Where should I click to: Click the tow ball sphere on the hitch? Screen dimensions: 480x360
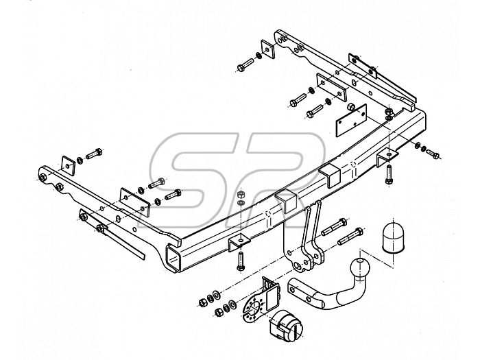[x=360, y=269]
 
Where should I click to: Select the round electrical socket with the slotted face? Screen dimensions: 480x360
[x=287, y=328]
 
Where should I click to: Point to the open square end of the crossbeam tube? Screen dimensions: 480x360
[x=173, y=257]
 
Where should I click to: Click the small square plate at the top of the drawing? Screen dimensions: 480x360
[x=268, y=49]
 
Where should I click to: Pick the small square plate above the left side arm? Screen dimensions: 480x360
[x=69, y=166]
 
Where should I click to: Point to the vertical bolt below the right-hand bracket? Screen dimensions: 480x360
[x=389, y=174]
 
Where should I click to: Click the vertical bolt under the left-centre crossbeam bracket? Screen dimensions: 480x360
[x=241, y=261]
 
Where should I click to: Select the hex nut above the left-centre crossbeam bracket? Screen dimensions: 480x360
[x=241, y=194]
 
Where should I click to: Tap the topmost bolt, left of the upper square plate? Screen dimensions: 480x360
[x=245, y=65]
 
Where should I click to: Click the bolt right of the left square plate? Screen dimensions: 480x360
[x=94, y=153]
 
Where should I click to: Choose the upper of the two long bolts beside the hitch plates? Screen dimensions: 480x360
[x=335, y=227]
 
